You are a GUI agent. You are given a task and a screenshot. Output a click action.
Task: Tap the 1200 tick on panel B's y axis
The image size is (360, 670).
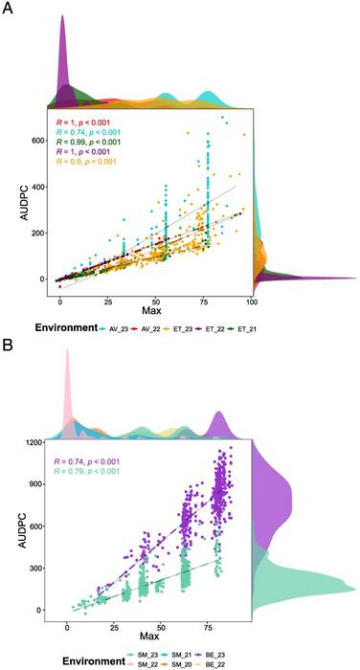pyautogui.click(x=37, y=443)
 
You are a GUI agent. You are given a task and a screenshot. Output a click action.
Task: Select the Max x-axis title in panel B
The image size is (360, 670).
pyautogui.click(x=159, y=638)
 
